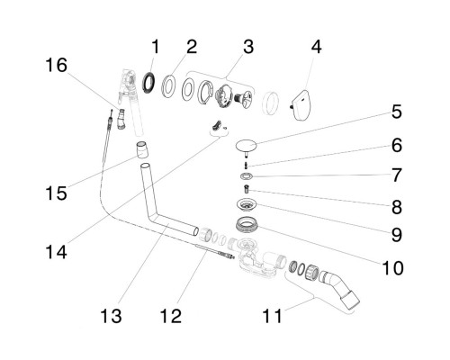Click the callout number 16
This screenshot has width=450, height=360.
57,66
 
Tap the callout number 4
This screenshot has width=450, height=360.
317,47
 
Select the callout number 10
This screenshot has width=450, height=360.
392,268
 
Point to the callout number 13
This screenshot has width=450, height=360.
111,316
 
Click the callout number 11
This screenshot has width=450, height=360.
272,316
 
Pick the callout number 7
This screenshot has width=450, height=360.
397,175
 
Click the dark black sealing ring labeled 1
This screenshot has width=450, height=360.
149,82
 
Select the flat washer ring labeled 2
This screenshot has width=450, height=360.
168,86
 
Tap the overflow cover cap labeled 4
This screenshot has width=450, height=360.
301,105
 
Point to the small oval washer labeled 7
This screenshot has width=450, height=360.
247,175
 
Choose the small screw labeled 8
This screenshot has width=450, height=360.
247,190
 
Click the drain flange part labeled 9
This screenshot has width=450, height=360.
246,204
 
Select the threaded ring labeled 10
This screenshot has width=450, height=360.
247,225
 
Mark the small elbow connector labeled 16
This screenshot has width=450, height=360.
121,119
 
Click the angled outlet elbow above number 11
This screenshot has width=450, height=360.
339,289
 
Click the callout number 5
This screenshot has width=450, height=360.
397,112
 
